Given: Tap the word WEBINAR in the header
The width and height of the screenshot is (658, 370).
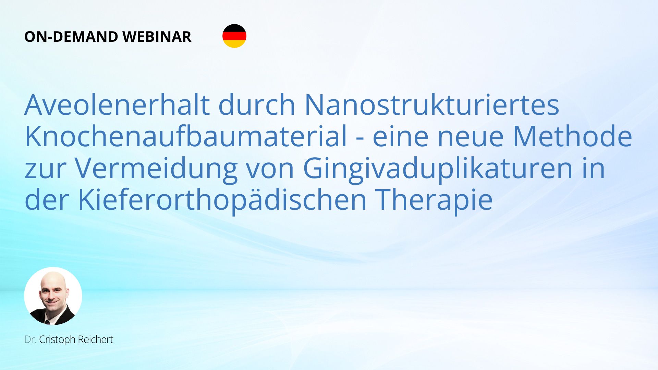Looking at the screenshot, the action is point(157,37).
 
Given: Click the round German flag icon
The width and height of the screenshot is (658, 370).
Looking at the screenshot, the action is point(234,36).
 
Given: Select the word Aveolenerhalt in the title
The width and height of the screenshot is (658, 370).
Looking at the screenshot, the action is point(117,104).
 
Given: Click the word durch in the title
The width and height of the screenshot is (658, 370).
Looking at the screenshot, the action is point(257,104).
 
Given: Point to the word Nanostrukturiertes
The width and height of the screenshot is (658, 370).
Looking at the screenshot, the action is point(432,104).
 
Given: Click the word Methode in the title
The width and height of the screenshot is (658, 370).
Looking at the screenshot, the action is point(572,136).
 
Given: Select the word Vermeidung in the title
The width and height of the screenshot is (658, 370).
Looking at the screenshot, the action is point(156,168).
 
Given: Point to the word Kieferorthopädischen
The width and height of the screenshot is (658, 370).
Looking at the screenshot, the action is point(222,200).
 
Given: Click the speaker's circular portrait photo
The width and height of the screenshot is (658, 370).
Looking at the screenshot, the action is point(53,296).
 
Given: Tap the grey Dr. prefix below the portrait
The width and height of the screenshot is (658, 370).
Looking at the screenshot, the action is point(31,340).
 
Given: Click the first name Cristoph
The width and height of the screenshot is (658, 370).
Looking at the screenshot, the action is point(57,340).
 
